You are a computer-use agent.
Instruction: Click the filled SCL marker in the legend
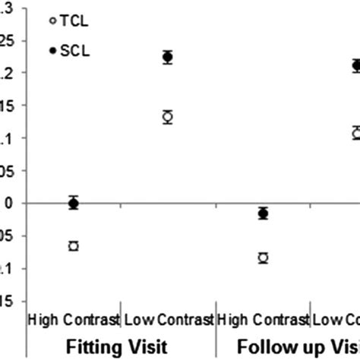(x=52, y=50)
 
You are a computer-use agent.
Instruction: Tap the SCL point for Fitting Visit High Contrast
(x=74, y=203)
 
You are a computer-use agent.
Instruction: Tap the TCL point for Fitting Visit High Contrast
(x=74, y=246)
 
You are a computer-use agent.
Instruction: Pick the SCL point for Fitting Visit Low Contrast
(x=168, y=57)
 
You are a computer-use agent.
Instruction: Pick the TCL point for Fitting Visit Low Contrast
(x=168, y=116)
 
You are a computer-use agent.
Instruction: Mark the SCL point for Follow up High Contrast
(x=263, y=213)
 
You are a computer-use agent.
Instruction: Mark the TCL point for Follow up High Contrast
(x=263, y=258)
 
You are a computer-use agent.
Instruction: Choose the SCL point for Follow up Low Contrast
(x=355, y=65)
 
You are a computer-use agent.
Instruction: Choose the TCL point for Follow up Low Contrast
(x=355, y=133)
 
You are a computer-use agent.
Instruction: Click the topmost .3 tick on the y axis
(x=6, y=8)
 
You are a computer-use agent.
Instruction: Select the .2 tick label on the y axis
(x=6, y=73)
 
